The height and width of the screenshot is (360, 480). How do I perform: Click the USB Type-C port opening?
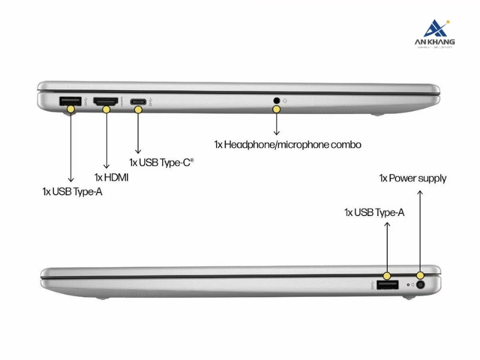coord(139,101)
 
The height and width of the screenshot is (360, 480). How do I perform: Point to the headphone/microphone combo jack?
coord(277,100)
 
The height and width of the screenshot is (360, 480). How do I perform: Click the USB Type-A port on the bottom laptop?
coord(387,285)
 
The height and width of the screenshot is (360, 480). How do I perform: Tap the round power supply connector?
coord(419,286)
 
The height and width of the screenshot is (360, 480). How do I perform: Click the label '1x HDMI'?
coord(112,177)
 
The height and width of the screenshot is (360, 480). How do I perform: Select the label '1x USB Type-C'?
coord(161,162)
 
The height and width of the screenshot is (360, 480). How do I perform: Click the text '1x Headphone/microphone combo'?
coord(287,144)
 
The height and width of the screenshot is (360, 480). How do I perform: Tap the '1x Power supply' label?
coord(412,178)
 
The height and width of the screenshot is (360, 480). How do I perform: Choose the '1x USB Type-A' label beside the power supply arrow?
coord(374,212)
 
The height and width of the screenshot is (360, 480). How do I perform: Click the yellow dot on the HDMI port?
coord(107,109)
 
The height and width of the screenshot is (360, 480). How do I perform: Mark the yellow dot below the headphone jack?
coord(277,109)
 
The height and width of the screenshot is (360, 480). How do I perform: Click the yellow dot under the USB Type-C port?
coord(139,109)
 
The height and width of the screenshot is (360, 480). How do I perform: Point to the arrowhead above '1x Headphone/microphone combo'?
coord(277,133)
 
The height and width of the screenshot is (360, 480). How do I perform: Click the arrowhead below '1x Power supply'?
coord(419,193)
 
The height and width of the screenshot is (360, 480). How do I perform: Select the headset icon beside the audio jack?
coord(286,100)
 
